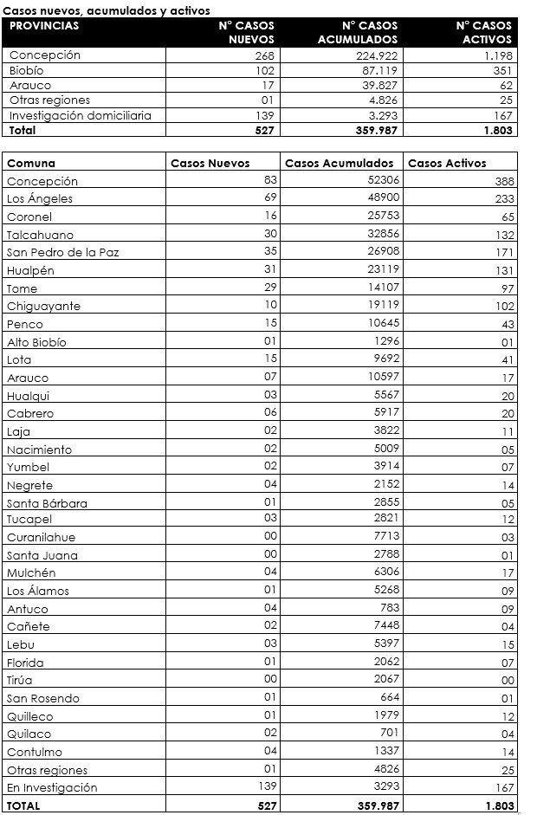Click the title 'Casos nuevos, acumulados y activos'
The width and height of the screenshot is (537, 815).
(107, 9)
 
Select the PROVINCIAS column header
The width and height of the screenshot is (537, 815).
(44, 26)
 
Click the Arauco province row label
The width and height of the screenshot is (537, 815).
(30, 86)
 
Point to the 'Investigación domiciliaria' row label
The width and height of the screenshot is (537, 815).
(80, 115)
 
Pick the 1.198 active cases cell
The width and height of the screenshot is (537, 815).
(495, 55)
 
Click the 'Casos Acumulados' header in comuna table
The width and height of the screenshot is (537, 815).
(339, 163)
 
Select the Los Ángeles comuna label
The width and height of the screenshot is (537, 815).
(40, 199)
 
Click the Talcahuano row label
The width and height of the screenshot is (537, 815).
(40, 235)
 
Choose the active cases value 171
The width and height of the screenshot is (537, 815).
(503, 253)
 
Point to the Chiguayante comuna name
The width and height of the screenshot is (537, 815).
(43, 307)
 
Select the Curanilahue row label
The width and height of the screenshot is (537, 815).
(41, 538)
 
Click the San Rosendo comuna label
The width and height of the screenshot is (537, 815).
(43, 698)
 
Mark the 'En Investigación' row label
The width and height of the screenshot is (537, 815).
(52, 788)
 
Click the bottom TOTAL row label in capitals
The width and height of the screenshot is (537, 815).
(23, 805)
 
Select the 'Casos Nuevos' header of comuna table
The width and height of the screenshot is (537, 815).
(210, 163)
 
